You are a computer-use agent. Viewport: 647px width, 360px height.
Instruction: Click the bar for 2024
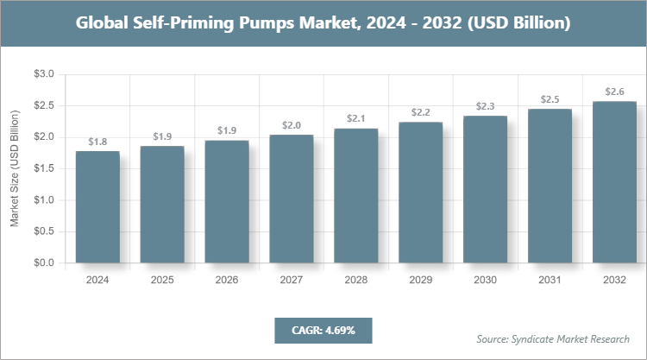97,207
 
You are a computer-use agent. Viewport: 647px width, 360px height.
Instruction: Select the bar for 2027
291,199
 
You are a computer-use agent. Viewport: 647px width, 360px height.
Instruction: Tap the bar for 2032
613,182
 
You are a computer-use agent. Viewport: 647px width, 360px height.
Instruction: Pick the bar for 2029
420,193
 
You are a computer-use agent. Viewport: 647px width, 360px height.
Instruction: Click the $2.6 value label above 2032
613,92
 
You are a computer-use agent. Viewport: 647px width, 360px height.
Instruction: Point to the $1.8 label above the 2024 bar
97,142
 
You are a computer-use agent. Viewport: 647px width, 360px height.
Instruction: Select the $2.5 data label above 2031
550,99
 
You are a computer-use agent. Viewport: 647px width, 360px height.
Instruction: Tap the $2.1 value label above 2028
356,118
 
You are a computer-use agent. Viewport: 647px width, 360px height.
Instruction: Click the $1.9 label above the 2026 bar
227,130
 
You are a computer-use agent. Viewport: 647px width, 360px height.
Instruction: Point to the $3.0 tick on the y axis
43,75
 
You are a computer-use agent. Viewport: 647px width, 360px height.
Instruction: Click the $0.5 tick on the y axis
43,231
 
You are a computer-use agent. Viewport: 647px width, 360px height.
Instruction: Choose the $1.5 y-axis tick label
43,169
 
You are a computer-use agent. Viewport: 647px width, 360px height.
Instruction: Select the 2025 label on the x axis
162,281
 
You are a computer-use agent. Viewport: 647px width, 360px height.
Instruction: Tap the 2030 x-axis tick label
485,281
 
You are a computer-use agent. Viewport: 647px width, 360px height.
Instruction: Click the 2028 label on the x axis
356,281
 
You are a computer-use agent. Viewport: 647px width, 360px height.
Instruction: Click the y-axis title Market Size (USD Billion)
15,169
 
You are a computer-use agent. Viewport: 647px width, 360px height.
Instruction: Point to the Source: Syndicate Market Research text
553,338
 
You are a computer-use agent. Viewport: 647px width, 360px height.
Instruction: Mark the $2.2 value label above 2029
420,112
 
